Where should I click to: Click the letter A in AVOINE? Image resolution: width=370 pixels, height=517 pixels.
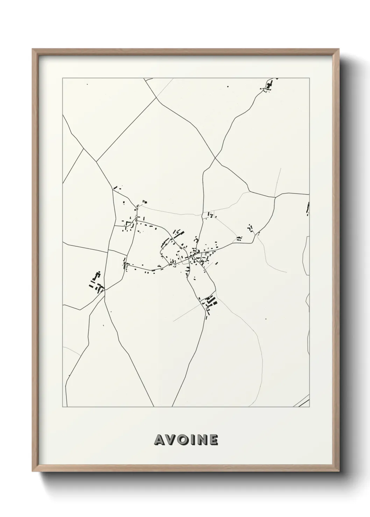pos(159,440)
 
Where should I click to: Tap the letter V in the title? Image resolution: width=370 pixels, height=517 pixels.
pos(171,440)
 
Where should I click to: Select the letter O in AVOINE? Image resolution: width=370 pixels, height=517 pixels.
pos(183,440)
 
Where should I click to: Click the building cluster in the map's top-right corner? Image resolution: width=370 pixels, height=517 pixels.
pos(269,85)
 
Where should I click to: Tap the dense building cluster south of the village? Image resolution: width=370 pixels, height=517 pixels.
pos(209,303)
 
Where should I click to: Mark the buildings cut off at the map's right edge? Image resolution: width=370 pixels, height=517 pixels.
pos(308,209)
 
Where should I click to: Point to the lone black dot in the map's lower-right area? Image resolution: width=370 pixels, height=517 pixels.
pos(266,319)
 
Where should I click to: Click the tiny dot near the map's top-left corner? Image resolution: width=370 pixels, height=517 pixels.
pos(87,84)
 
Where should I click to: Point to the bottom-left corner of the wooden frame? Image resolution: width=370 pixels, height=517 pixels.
pos(33,472)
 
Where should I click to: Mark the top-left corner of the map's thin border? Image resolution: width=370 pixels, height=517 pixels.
pos(63,78)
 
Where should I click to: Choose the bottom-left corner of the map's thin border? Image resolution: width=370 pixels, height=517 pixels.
pos(63,407)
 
